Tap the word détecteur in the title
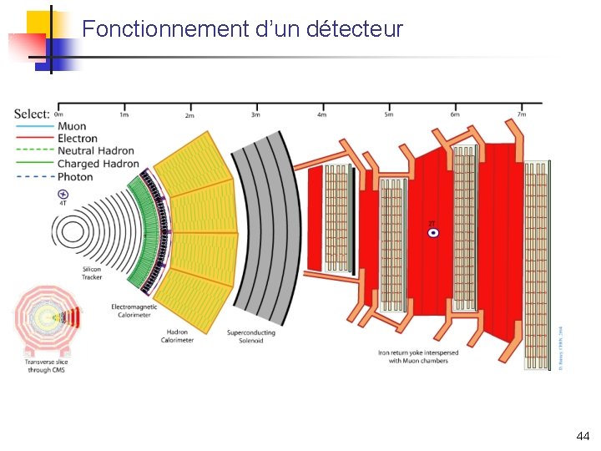point(355,30)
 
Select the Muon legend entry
point(71,126)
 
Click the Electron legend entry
point(77,139)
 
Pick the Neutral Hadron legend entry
point(95,151)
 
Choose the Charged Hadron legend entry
point(98,164)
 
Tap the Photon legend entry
point(74,177)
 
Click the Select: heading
point(32,114)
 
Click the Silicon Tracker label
point(92,273)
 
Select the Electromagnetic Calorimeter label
point(134,311)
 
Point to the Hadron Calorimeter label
point(178,336)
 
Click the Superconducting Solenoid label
point(251,336)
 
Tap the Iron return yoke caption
point(417,357)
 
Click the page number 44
point(583,436)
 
